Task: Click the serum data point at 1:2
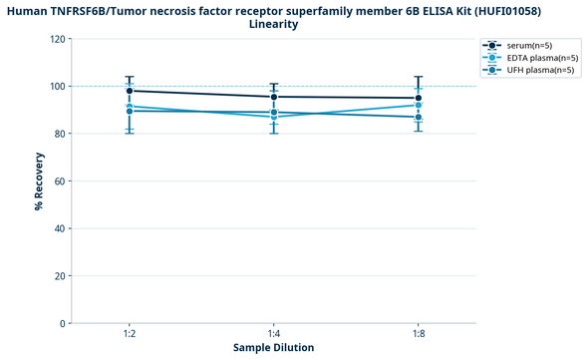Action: (130, 91)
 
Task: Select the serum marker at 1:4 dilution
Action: (274, 97)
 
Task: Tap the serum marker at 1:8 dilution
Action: (419, 98)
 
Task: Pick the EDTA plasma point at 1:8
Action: (419, 105)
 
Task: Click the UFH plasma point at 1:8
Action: (419, 117)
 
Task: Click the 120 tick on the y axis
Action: (58, 39)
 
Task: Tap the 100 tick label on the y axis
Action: (58, 87)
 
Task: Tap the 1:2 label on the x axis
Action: (130, 334)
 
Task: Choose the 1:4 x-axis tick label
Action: (274, 334)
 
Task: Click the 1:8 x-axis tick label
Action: (419, 334)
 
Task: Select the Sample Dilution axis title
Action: (274, 348)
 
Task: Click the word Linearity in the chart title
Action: (273, 24)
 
